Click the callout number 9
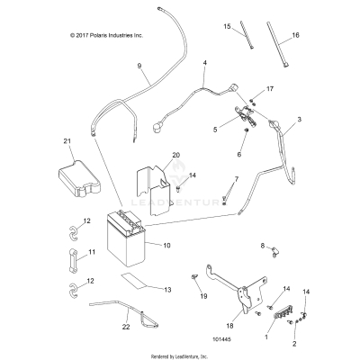click(x=139, y=66)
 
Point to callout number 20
click(x=176, y=156)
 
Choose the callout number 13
click(x=166, y=289)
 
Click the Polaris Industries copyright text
click(x=100, y=34)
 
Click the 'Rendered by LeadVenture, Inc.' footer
click(x=180, y=354)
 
